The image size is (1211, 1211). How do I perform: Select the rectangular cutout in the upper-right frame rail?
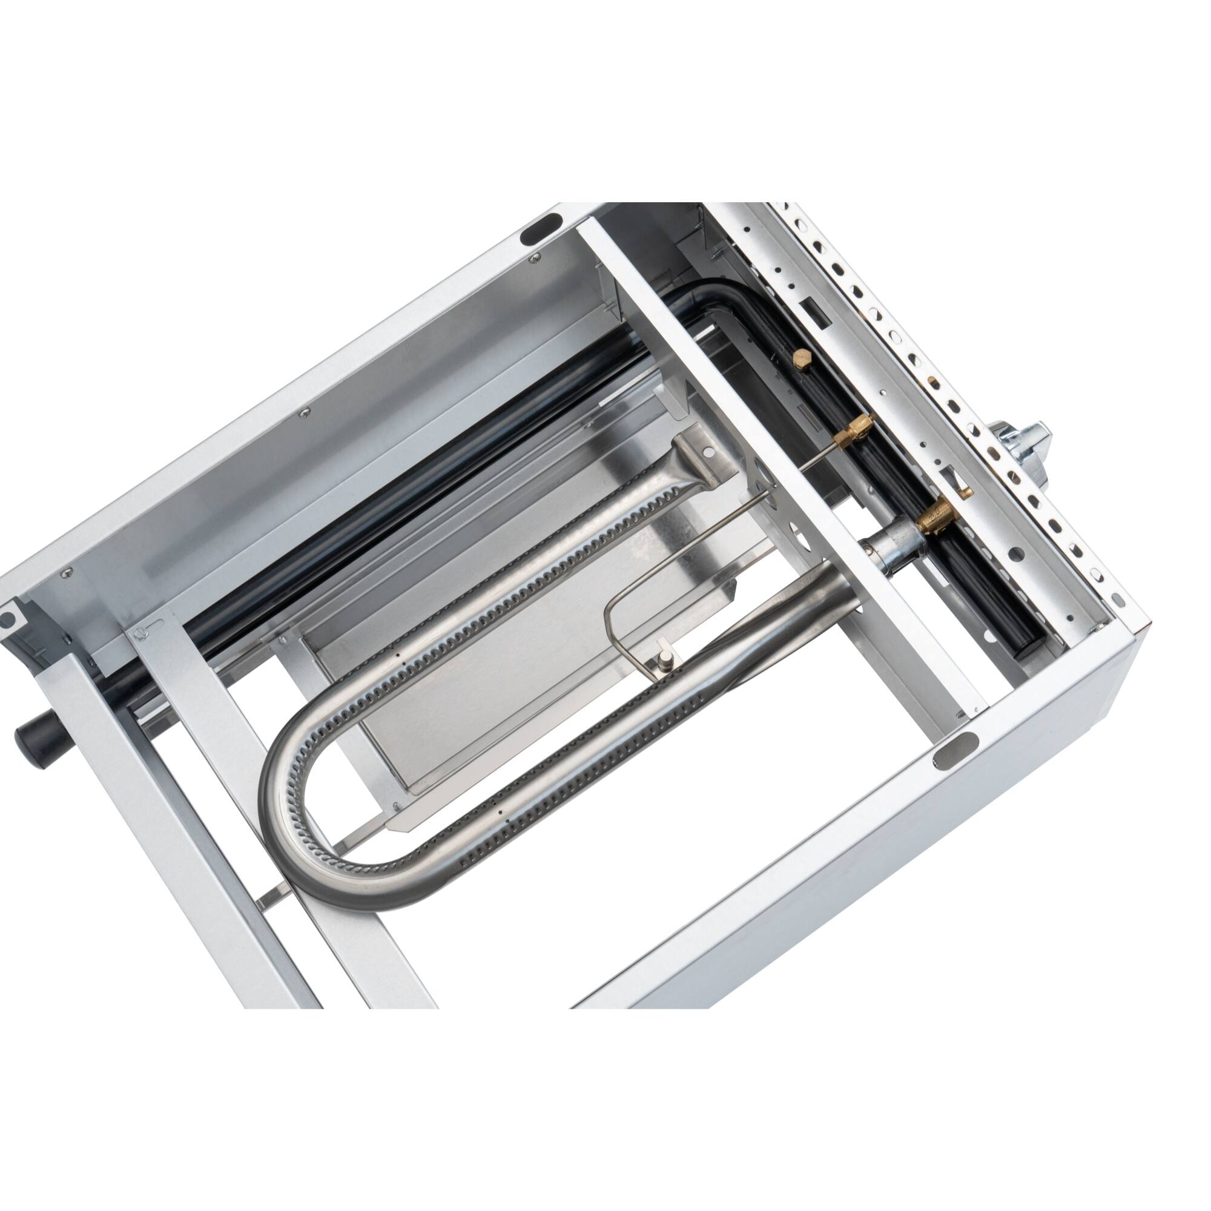tap(808, 308)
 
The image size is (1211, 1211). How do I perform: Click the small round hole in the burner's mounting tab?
tap(708, 451)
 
